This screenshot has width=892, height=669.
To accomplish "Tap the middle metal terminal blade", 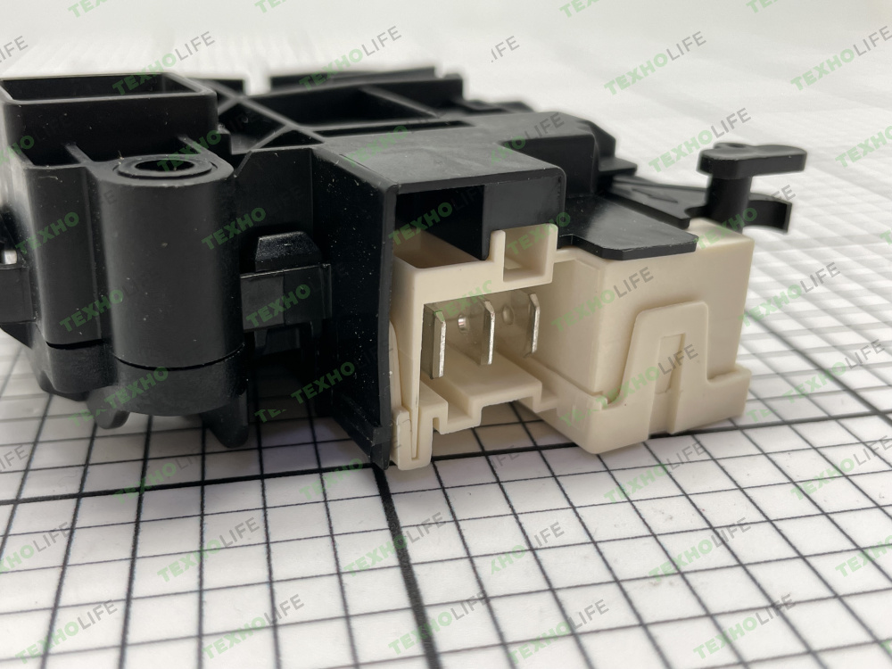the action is click(488, 332).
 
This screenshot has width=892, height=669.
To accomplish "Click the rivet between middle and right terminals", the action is click(508, 314).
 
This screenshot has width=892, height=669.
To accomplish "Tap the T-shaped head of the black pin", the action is click(752, 159).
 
